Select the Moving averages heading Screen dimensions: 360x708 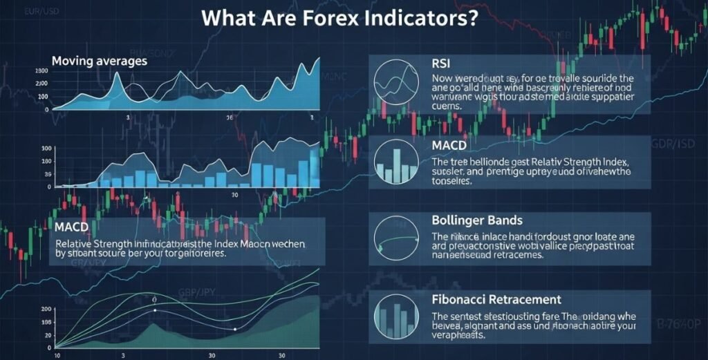[x=100, y=61]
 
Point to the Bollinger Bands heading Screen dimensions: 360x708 [x=476, y=220]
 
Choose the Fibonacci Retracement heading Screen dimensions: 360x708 [x=496, y=300]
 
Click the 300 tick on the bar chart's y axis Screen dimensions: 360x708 [x=47, y=149]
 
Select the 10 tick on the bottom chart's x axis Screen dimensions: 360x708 [x=57, y=355]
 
